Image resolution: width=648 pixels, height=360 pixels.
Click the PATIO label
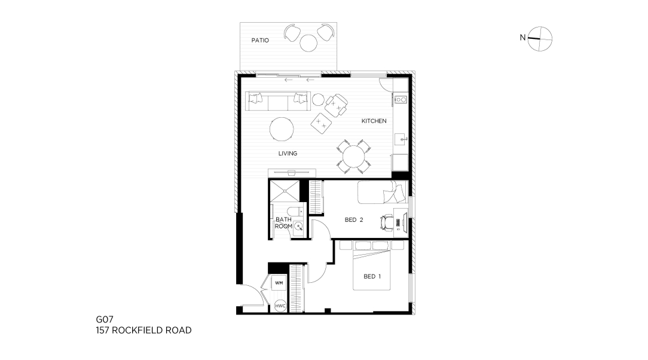click(260, 40)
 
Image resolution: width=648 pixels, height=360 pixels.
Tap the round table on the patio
click(308, 43)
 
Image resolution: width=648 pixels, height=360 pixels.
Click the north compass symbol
click(540, 39)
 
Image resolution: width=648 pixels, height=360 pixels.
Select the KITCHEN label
click(374, 121)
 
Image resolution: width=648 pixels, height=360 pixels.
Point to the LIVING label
click(288, 153)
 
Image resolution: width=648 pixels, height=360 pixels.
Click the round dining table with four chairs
click(354, 156)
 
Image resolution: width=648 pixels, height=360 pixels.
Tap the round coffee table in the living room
click(282, 129)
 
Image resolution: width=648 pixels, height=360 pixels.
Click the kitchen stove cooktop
click(401, 99)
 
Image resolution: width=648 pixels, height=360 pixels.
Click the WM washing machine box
click(279, 283)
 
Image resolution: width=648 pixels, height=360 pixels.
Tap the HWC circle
click(280, 306)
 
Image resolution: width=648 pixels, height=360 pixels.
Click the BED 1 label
click(372, 276)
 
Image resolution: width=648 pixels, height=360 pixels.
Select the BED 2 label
click(354, 220)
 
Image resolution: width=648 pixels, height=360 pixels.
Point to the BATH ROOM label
click(283, 223)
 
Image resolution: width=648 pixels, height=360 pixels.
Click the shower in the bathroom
click(284, 191)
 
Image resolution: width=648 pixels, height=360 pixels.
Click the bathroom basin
click(298, 227)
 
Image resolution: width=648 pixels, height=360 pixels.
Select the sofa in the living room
click(278, 101)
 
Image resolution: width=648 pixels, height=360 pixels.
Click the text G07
click(105, 319)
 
